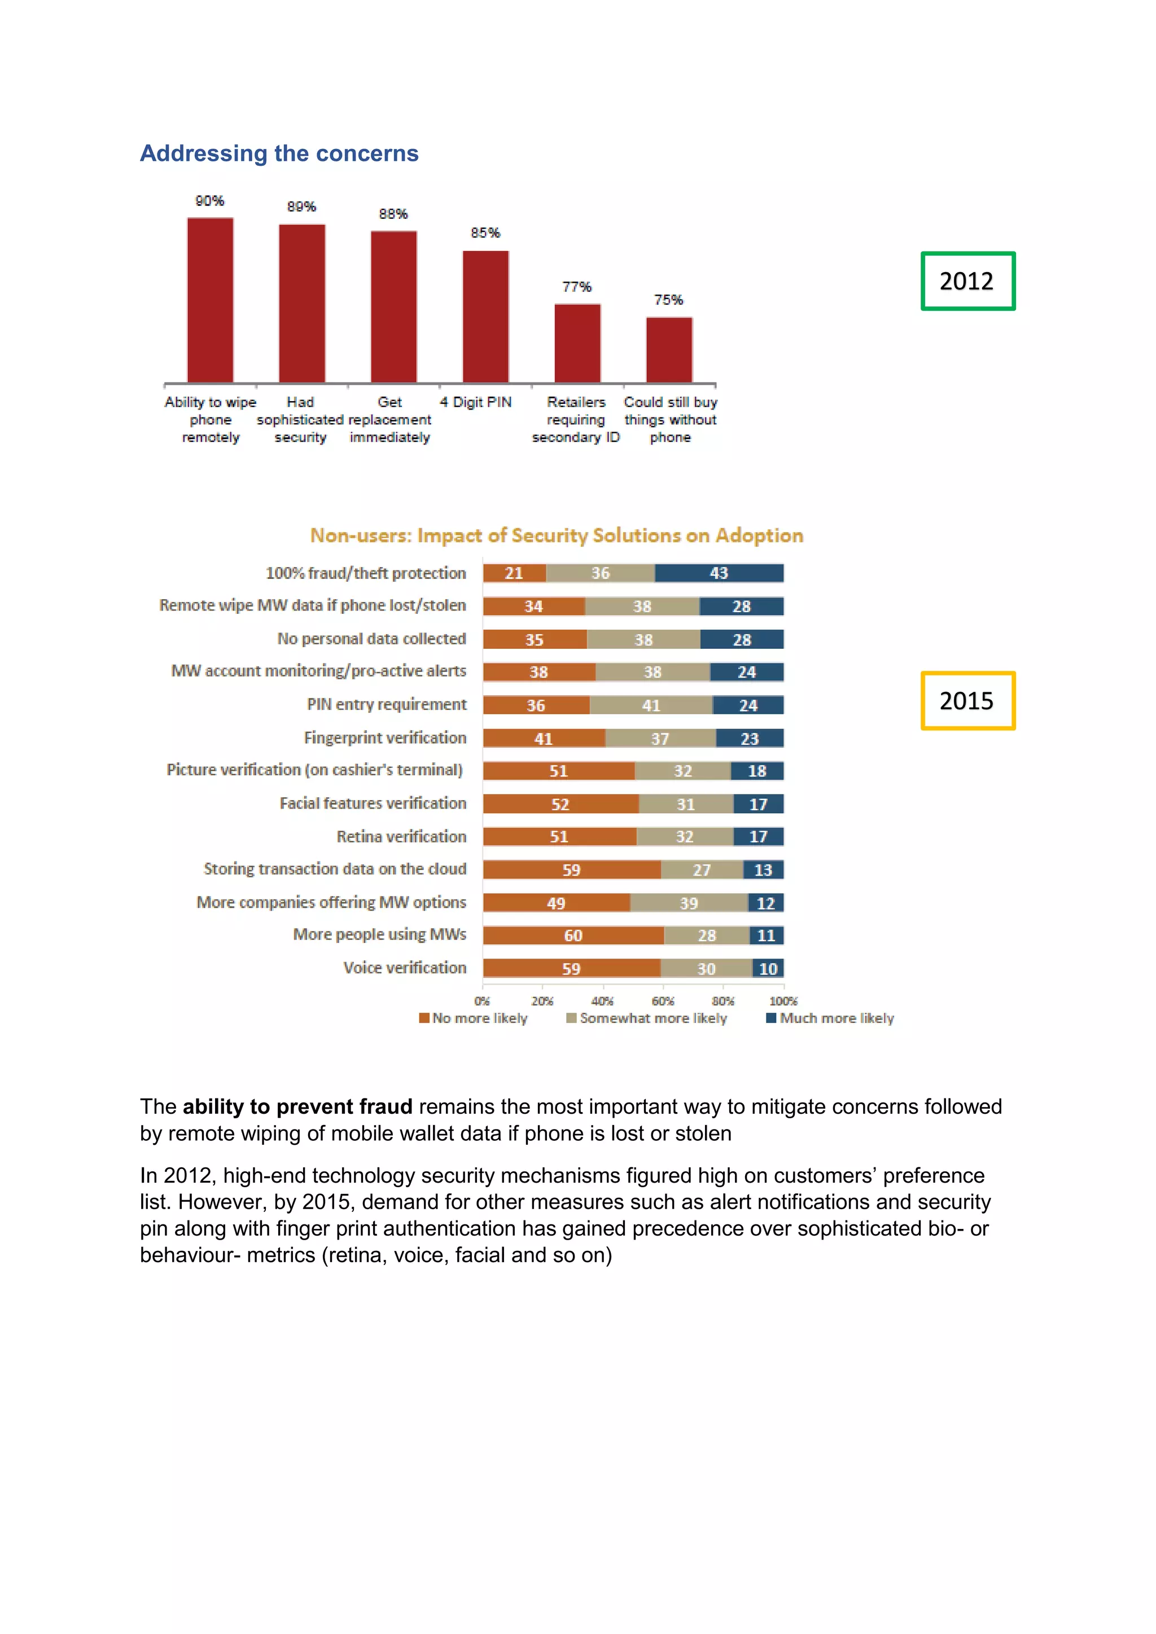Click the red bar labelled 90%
(210, 300)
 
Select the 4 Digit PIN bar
(485, 317)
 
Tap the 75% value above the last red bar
(668, 300)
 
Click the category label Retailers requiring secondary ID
(576, 420)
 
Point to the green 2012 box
(967, 281)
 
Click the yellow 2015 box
(967, 701)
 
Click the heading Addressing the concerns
(279, 153)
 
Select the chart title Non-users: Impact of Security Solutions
(557, 535)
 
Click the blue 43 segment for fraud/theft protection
(719, 573)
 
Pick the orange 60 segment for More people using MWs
(573, 935)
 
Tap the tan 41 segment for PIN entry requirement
(651, 705)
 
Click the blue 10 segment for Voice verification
(768, 969)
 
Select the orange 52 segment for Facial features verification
(560, 804)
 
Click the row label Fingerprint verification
(385, 738)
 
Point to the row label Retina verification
(401, 837)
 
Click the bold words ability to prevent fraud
(297, 1106)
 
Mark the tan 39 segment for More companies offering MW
(688, 903)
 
